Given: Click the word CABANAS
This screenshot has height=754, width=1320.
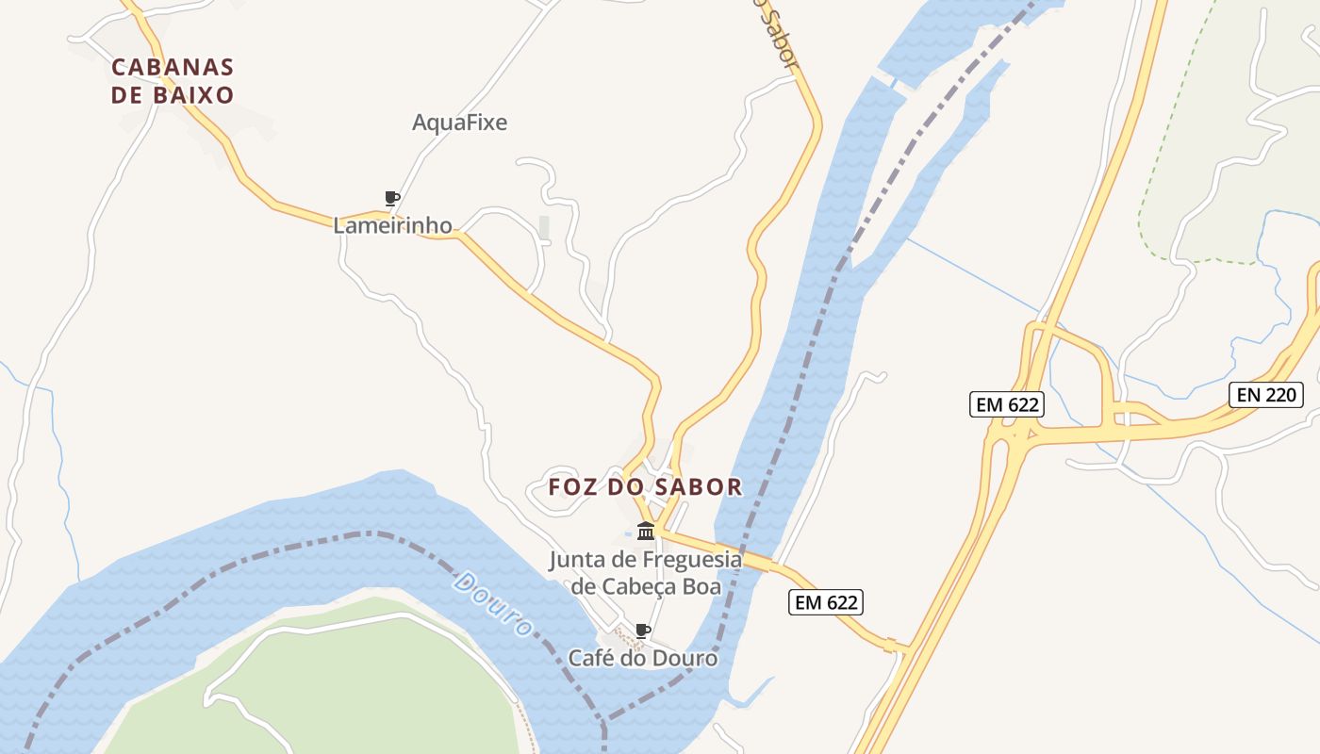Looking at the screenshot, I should [173, 68].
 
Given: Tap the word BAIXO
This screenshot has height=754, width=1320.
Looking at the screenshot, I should [198, 95].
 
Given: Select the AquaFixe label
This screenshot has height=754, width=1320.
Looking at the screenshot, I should [459, 123].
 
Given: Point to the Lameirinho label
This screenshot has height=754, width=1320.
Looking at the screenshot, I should [392, 225].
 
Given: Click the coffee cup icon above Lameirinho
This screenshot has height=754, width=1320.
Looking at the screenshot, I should [392, 198].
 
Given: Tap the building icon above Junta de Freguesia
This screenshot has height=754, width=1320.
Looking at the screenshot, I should [646, 531].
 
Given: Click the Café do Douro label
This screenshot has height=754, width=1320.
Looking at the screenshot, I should [642, 658].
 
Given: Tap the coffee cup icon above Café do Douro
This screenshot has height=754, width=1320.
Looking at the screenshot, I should [643, 631].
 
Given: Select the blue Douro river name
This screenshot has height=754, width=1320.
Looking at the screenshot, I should [492, 603].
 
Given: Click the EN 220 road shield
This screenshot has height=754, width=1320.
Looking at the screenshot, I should [1266, 395].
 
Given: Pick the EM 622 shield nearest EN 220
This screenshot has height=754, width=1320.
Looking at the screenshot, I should [1007, 404].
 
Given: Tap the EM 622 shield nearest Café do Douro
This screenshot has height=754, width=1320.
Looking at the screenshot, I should [826, 602].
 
